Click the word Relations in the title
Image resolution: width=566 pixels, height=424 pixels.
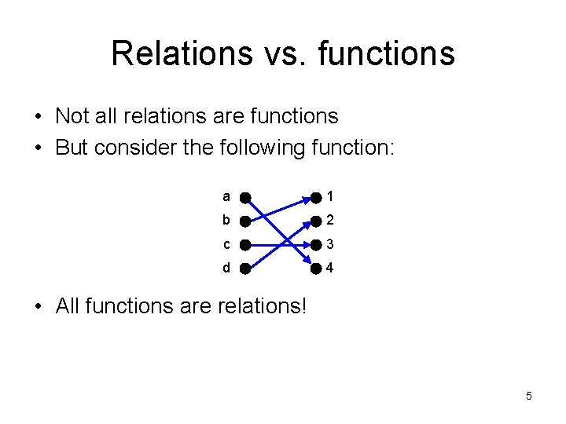tap(181, 53)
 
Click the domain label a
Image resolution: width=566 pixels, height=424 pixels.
tap(226, 196)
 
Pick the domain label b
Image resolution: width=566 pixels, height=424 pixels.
tap(226, 219)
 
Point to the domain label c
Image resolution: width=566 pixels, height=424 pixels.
tap(226, 243)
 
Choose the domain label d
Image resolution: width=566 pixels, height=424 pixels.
tap(226, 268)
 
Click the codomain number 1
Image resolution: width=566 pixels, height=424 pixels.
tap(330, 196)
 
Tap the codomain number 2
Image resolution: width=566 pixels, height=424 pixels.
tap(330, 220)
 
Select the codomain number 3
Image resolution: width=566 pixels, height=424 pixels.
tap(330, 243)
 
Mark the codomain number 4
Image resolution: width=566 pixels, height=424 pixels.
tap(330, 268)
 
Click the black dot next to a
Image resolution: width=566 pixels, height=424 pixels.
tap(245, 196)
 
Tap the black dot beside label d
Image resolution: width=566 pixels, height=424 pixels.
tap(245, 269)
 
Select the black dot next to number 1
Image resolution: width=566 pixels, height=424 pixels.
tap(315, 196)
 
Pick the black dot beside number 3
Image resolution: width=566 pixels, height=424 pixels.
tap(315, 244)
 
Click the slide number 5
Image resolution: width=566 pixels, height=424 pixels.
tap(529, 396)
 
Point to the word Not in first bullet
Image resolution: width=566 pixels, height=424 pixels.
tap(72, 116)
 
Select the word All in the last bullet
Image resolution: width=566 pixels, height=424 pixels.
tap(68, 305)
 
